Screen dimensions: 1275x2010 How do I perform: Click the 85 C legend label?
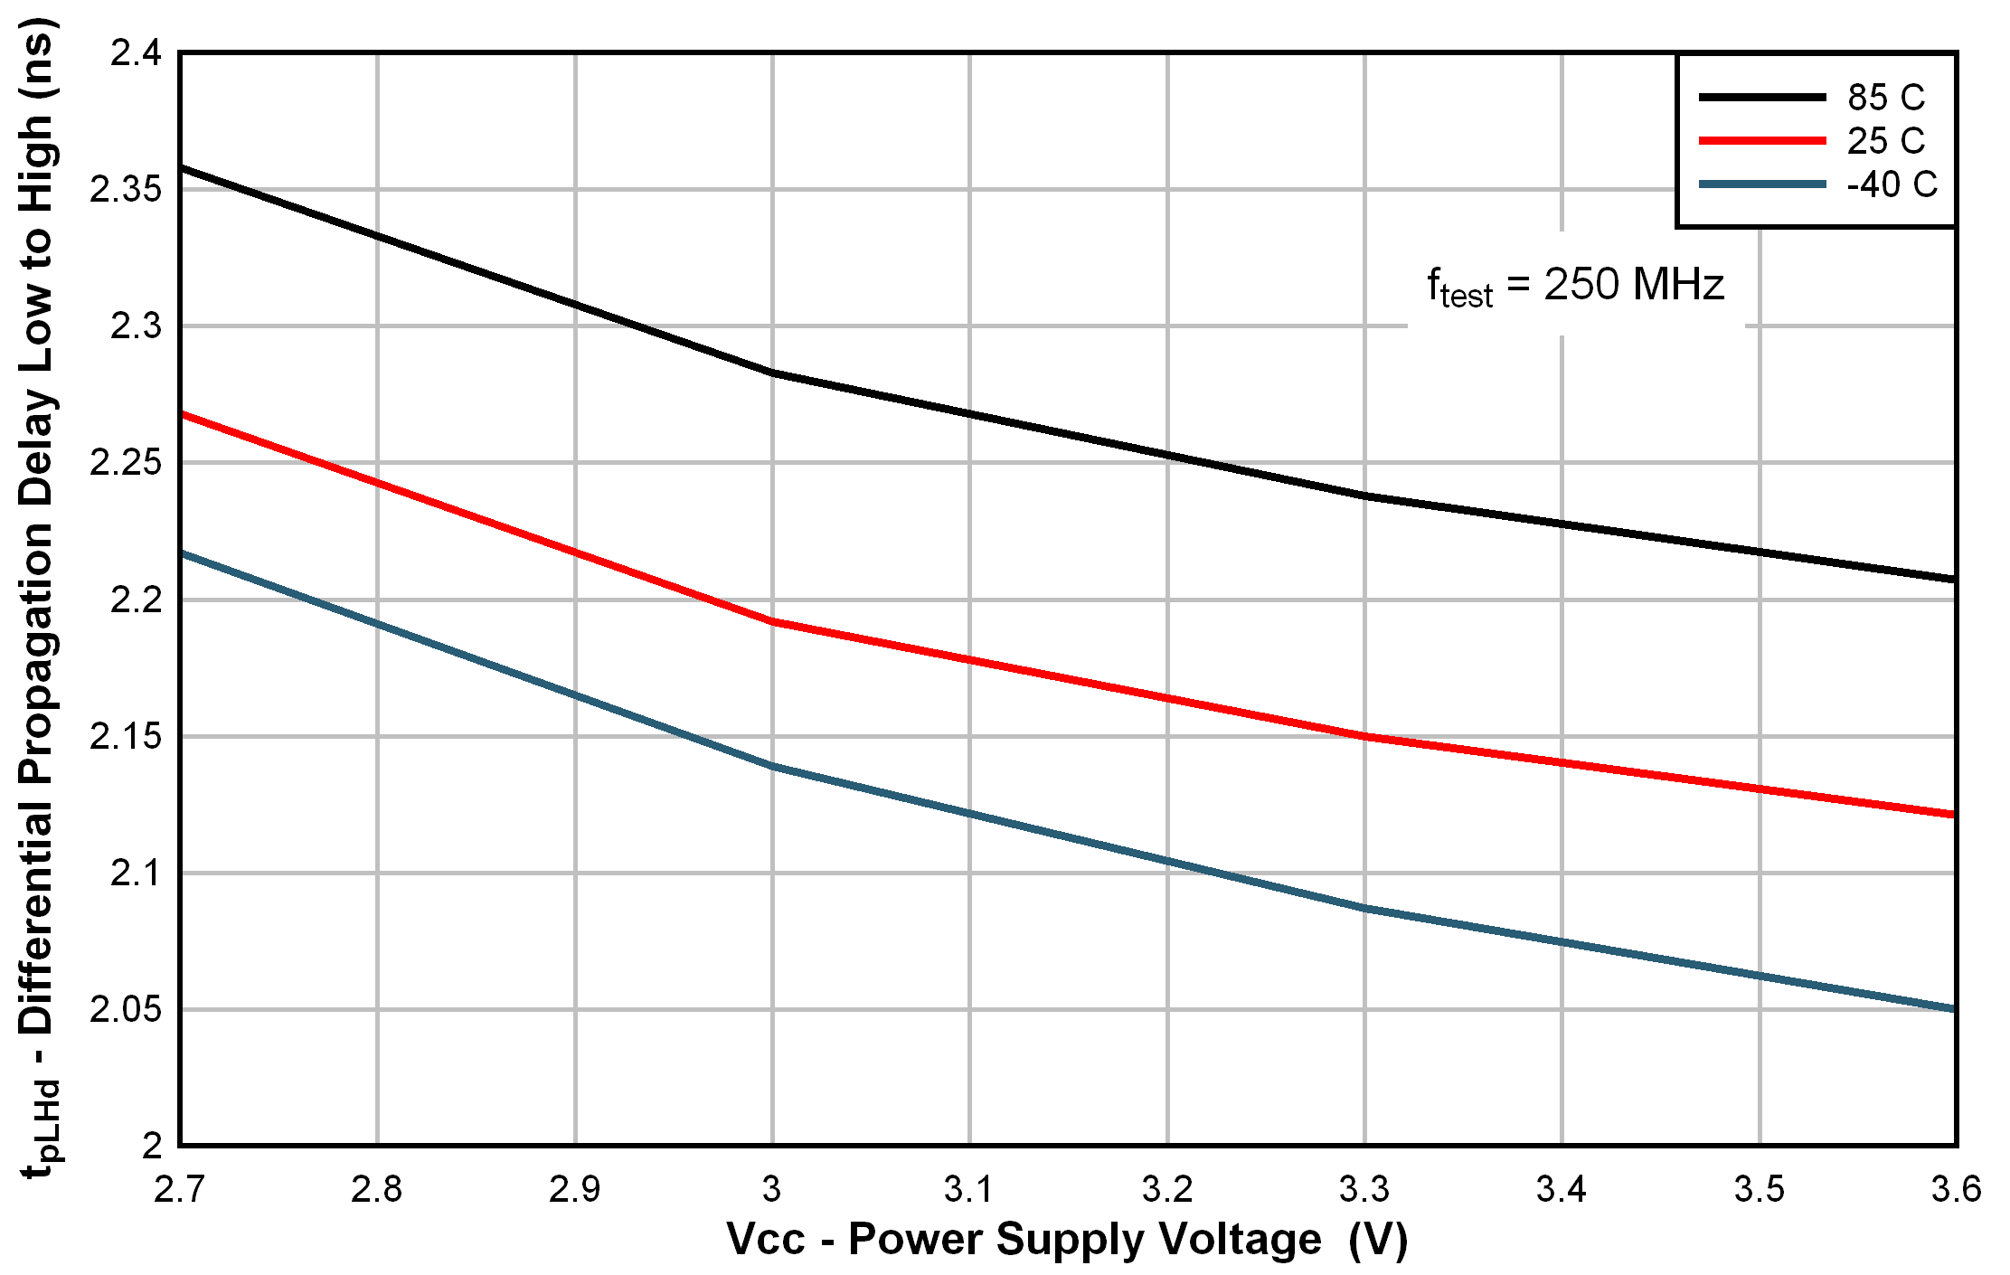(x=1886, y=97)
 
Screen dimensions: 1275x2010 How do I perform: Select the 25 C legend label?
(x=1886, y=141)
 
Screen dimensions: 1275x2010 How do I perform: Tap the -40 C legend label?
(x=1892, y=185)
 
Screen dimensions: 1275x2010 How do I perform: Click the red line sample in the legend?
(x=1762, y=141)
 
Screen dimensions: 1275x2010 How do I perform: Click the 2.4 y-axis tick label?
(x=136, y=53)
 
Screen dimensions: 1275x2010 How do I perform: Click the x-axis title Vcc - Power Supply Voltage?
(x=1067, y=1240)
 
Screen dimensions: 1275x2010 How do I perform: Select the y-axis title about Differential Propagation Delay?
(x=38, y=597)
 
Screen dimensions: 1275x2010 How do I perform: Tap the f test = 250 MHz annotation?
(x=1575, y=286)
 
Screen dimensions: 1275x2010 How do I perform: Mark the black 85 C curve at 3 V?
(x=772, y=372)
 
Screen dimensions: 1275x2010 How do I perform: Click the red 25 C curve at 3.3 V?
(x=1364, y=736)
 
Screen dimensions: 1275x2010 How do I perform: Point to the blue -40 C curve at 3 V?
(x=772, y=766)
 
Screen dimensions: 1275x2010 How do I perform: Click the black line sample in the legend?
(x=1762, y=97)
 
